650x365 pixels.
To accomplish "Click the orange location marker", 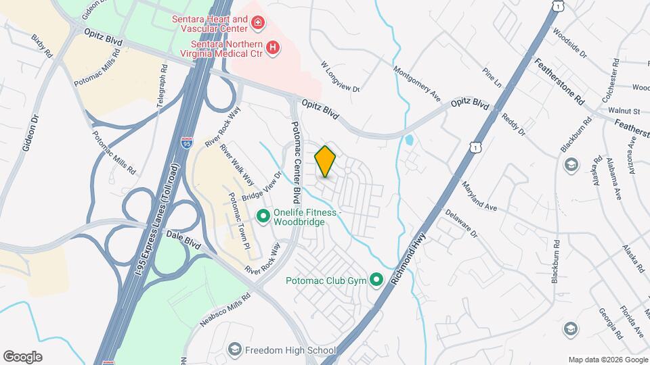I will [326, 162].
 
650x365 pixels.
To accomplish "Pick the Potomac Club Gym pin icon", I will [376, 280].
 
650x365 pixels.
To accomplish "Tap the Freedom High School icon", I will [234, 349].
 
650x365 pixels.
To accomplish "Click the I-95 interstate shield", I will [187, 142].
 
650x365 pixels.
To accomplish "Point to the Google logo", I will [22, 356].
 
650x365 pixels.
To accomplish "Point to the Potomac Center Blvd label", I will [296, 163].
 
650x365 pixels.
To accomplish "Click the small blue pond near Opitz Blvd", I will [408, 141].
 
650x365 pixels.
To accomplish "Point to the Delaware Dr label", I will [461, 223].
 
